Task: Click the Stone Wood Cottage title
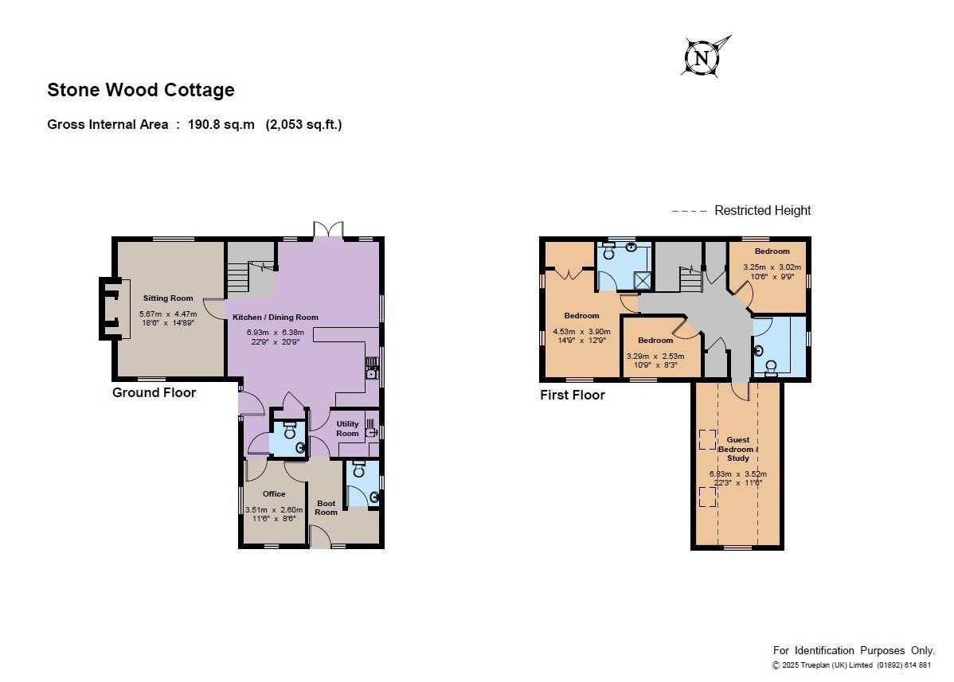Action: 141,90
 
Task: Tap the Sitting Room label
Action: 168,298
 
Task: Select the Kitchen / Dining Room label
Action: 276,317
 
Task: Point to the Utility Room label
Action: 347,428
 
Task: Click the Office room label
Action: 274,493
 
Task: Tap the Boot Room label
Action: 326,508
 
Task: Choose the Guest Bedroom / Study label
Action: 738,449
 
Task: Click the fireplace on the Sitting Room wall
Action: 115,308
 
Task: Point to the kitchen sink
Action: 372,367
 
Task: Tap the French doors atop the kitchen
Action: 328,229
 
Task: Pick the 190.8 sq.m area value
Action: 221,125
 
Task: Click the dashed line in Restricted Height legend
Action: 689,211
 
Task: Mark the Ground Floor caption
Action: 154,392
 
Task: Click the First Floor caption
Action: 573,395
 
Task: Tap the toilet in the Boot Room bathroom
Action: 358,469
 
